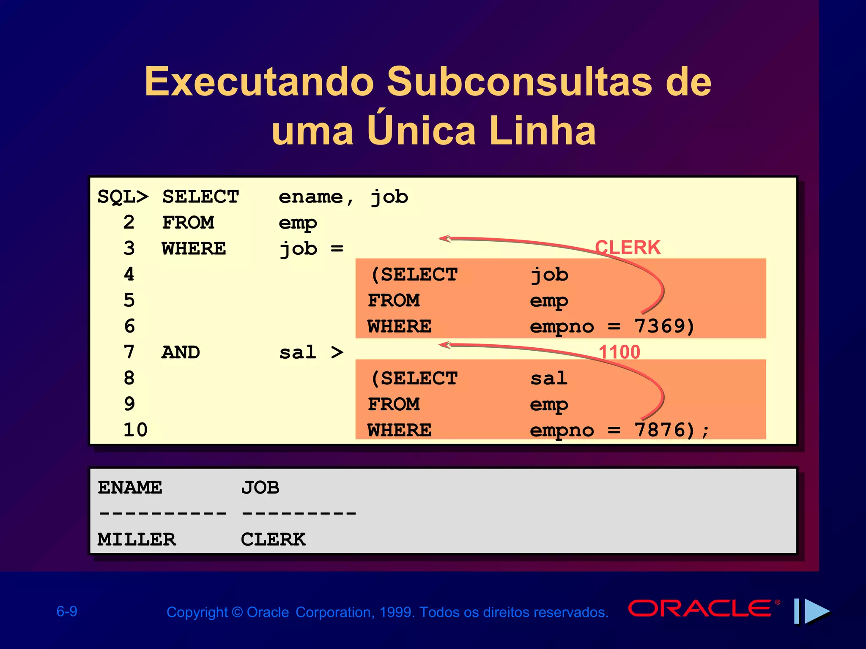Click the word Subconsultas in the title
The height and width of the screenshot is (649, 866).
click(519, 82)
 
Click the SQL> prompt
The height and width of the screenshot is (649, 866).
click(123, 197)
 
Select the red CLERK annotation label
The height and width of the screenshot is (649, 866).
click(628, 248)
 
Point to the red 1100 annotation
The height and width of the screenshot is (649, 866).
click(619, 352)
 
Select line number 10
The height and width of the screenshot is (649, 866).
click(135, 430)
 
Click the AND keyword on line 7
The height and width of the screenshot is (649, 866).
click(181, 352)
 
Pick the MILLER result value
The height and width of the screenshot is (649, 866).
click(137, 540)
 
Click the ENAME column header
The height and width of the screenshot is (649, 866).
click(130, 488)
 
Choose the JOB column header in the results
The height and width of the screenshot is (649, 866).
click(260, 488)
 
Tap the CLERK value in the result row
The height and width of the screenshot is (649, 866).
click(273, 540)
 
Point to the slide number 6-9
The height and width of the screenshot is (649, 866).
click(67, 611)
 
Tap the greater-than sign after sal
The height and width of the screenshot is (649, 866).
click(337, 352)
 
